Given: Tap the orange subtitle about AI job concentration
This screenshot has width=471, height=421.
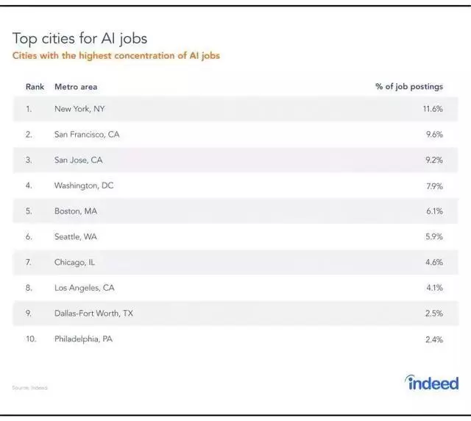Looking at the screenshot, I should [x=116, y=56].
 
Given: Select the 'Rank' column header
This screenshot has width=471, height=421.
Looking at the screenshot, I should [x=35, y=87].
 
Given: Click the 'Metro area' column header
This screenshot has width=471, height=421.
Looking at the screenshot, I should [x=76, y=87].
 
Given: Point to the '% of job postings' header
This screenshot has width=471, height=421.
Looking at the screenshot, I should [x=408, y=87].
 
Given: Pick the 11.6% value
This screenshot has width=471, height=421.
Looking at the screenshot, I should [x=433, y=109].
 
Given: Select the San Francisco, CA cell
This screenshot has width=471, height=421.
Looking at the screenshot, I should [x=87, y=135].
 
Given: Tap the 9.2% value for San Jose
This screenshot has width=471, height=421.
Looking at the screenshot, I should [x=433, y=160].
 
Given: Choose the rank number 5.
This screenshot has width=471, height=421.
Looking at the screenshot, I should [x=29, y=211].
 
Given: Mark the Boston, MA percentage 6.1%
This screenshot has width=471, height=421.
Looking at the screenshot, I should [x=434, y=211].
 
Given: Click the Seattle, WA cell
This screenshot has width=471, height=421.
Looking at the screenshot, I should [x=76, y=237].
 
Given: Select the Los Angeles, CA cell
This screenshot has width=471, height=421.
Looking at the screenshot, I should [x=85, y=288].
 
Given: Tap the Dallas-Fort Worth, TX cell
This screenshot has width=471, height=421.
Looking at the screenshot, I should [x=94, y=314].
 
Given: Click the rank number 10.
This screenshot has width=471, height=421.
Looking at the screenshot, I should [x=31, y=339].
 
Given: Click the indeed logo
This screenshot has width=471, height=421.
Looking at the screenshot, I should [x=431, y=383].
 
